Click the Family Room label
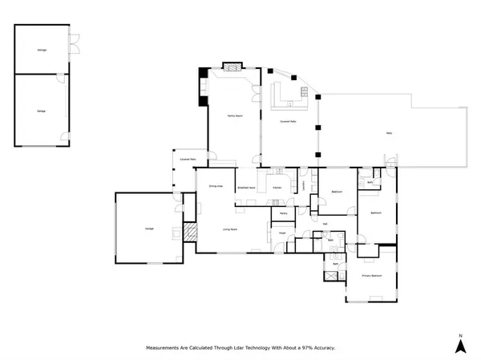(235, 117)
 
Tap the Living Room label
(230, 229)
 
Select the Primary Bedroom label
(371, 276)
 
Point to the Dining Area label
(215, 186)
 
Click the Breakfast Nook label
(246, 188)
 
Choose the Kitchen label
(277, 188)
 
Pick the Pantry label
(284, 214)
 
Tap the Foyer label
(282, 233)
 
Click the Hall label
(325, 224)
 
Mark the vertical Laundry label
(305, 186)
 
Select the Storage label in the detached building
(42, 50)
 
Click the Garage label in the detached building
(42, 111)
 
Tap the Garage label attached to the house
(149, 229)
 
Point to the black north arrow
(460, 346)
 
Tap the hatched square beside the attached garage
(190, 233)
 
